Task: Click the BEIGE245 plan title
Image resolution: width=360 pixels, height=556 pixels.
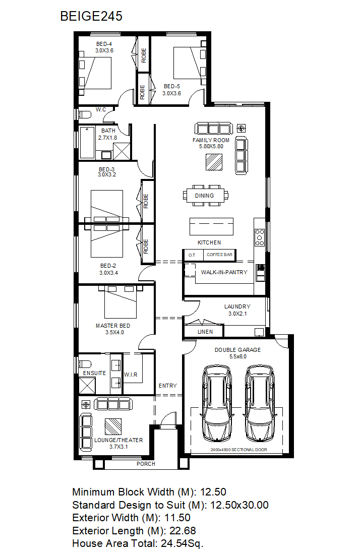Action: coord(91,16)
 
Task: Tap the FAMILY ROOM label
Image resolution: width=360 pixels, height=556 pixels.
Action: coord(211,140)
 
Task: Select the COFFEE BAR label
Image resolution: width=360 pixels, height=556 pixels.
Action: coord(219,255)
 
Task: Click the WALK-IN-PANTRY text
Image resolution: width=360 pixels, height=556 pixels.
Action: coord(224,272)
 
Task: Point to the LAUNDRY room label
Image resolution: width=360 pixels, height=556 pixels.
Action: coord(237,306)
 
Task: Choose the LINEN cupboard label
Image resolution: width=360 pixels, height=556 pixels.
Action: coord(205,332)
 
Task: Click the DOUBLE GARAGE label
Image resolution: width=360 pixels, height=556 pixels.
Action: coord(237,350)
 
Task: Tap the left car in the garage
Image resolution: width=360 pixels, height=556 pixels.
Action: coord(217,403)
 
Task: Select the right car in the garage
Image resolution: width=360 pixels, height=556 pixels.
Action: coord(260,403)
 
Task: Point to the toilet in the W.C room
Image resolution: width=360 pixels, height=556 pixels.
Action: coord(85,114)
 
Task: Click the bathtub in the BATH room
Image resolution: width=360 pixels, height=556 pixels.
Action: coord(87,143)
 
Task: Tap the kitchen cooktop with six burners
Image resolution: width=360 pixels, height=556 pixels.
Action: coord(260,237)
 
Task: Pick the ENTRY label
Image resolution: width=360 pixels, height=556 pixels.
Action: coord(168,386)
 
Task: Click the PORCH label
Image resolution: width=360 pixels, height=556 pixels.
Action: coord(146,464)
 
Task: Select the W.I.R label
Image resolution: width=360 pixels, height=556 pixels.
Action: coord(131,375)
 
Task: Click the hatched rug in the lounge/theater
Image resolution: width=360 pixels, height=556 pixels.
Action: coord(113,426)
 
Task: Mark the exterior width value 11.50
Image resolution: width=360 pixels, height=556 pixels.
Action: coord(177,518)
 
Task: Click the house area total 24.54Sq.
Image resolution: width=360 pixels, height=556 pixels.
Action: coord(182,543)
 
